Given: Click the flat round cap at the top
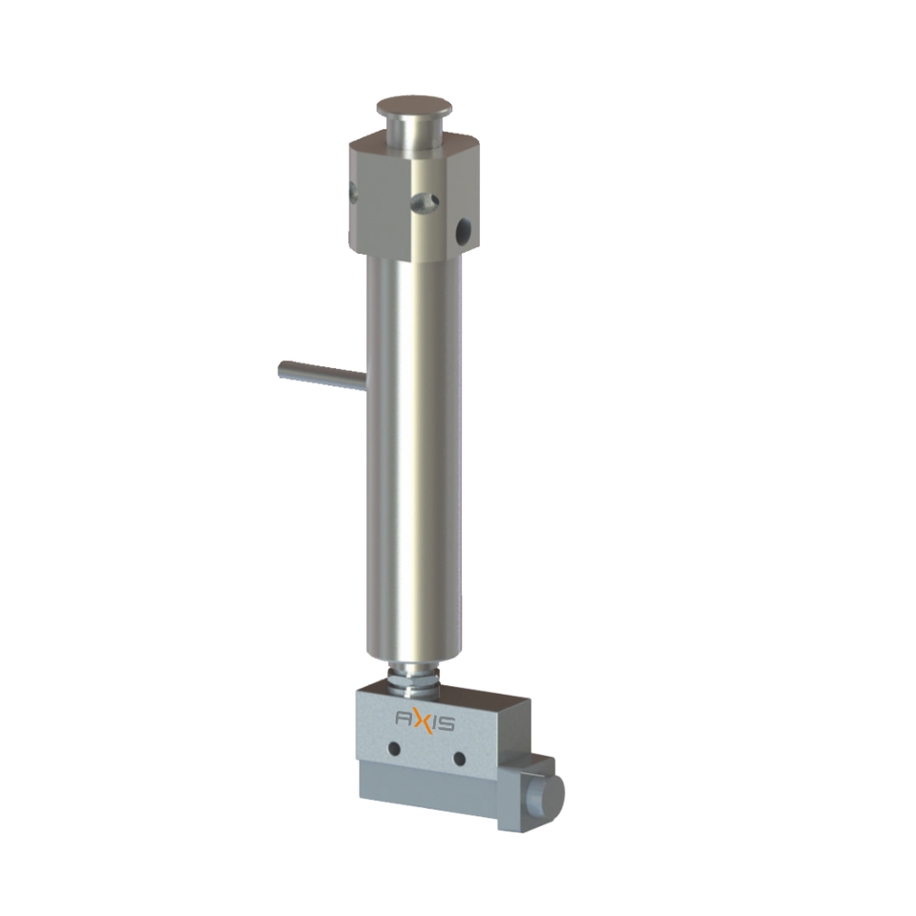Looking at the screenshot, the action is click(414, 106).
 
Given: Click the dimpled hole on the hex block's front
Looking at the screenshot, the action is click(425, 202).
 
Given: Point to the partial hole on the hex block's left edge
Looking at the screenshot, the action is click(353, 193).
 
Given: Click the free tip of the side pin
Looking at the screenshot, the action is click(282, 370).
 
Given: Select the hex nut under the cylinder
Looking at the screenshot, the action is click(413, 681).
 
